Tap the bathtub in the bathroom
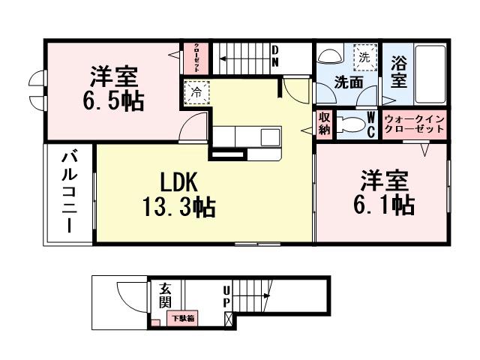(x=430, y=75)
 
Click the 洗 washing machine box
(x=363, y=55)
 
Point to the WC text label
(x=372, y=124)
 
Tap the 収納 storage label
(x=324, y=123)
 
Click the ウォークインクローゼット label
(x=414, y=124)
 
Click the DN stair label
(x=275, y=57)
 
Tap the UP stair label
(x=226, y=298)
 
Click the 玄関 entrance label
(x=164, y=295)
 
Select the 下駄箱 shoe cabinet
(x=182, y=319)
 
